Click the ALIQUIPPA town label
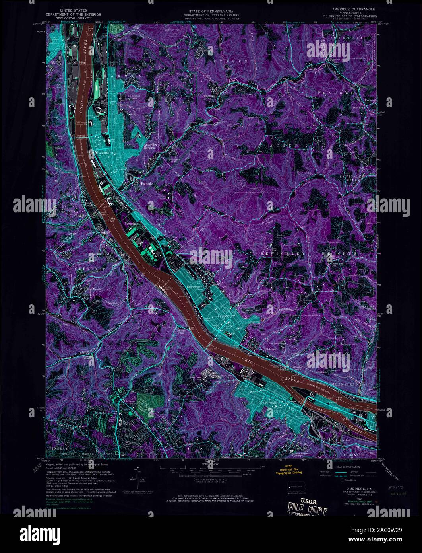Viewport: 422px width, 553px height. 68,63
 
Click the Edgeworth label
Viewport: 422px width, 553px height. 195,287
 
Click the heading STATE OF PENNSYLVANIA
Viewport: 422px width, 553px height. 211,9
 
